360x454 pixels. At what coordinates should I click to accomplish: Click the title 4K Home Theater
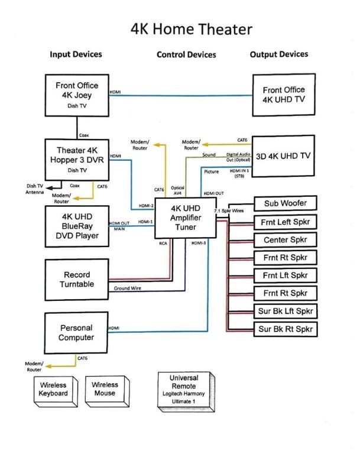point(192,29)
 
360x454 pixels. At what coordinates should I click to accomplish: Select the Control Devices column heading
point(186,55)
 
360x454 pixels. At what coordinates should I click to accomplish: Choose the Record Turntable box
point(77,280)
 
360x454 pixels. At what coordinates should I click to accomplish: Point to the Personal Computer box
point(77,333)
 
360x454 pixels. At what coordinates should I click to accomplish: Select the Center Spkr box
point(284,240)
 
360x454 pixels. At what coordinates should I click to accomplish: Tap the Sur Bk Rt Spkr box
point(284,329)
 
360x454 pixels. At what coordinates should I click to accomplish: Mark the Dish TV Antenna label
point(35,188)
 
